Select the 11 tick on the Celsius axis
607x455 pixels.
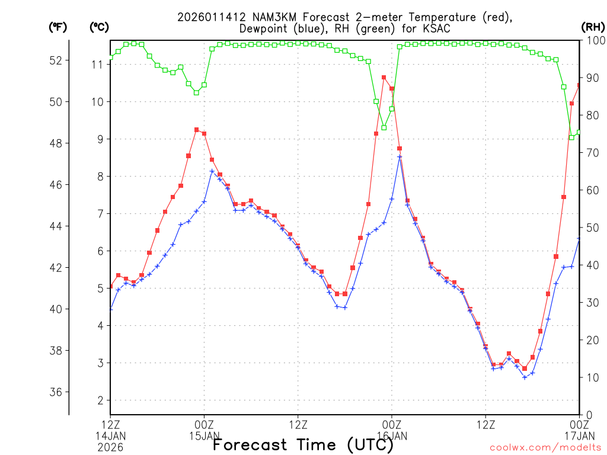point(97,65)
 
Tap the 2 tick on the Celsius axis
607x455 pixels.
point(100,400)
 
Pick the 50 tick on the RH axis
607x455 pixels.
point(592,227)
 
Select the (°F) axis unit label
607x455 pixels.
point(57,27)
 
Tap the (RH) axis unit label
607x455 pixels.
point(592,27)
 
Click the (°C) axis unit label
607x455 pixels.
point(98,27)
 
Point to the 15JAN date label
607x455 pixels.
point(204,436)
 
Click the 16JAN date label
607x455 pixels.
point(391,436)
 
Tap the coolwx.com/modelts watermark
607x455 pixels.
point(545,447)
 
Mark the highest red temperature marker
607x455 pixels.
point(384,77)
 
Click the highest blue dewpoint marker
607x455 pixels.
point(400,157)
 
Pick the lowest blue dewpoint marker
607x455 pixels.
point(525,377)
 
